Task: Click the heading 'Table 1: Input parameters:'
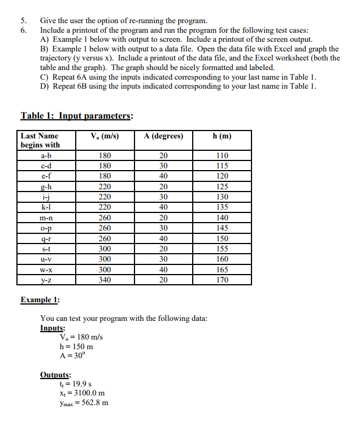click(x=77, y=116)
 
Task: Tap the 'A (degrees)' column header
click(x=163, y=136)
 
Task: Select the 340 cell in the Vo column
click(x=105, y=279)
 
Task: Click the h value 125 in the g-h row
click(x=222, y=186)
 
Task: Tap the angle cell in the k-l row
click(x=163, y=207)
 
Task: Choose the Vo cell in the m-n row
click(x=105, y=218)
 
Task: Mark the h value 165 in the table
click(x=222, y=269)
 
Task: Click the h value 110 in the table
click(x=222, y=155)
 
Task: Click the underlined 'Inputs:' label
click(x=53, y=328)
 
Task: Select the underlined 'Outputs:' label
click(x=55, y=375)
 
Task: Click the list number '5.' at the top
click(x=24, y=21)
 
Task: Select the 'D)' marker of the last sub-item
click(x=45, y=86)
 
